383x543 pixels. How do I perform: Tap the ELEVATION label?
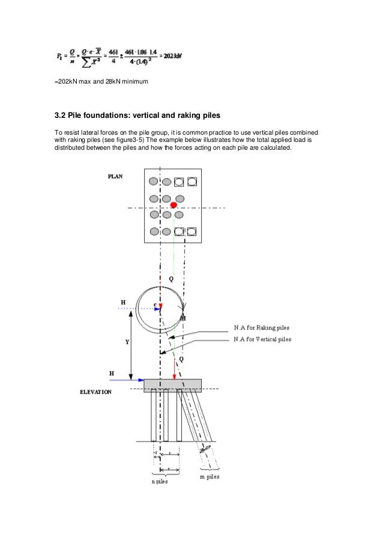click(96, 392)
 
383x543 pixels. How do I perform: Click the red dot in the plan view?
click(173, 206)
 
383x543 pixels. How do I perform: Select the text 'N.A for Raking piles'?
click(262, 328)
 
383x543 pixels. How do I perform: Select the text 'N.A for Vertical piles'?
click(263, 339)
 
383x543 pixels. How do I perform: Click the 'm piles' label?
click(209, 476)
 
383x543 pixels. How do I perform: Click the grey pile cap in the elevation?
click(172, 385)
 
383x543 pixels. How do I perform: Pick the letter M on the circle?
click(183, 317)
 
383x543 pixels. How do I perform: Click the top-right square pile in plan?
click(191, 181)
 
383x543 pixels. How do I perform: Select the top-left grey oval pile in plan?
click(154, 182)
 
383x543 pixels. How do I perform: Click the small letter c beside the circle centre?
click(155, 305)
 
